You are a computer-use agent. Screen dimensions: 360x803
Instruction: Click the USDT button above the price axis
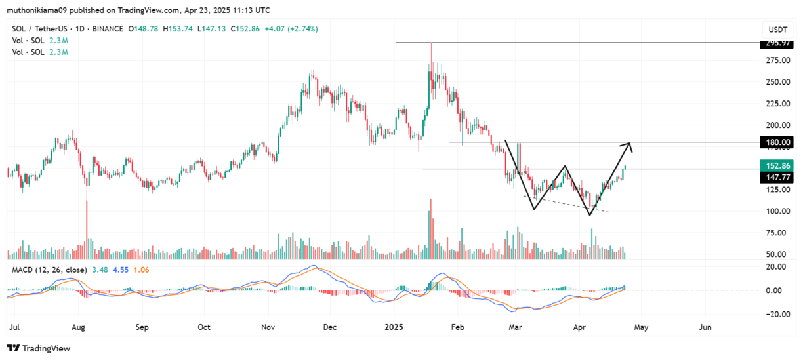[777, 30]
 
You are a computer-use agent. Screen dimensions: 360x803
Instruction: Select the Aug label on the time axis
[78, 326]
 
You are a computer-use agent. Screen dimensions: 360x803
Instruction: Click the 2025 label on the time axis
[392, 326]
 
